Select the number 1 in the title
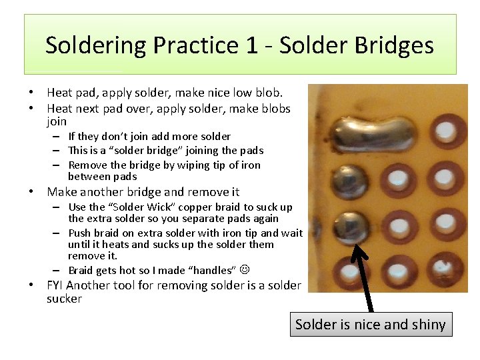tap(255, 46)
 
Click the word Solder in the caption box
tap(316, 325)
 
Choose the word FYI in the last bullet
tap(55, 285)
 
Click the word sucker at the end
tap(64, 299)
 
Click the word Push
tap(80, 233)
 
